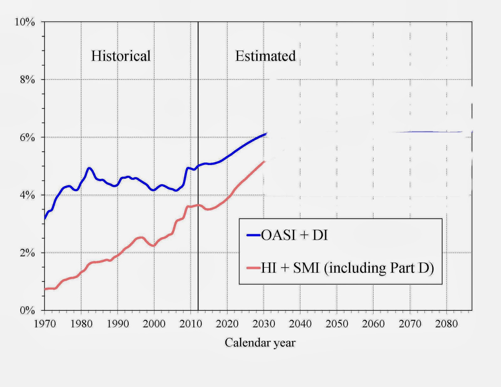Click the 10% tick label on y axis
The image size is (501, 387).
(x=25, y=22)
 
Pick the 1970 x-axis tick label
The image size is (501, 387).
(x=45, y=324)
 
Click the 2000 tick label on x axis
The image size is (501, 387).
(x=154, y=324)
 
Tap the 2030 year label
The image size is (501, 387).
(x=264, y=324)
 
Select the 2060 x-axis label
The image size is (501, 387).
(x=373, y=324)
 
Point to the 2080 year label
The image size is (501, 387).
(x=446, y=324)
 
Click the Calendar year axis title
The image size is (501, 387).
(x=260, y=343)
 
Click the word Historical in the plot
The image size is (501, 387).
(x=121, y=56)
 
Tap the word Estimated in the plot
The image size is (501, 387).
(x=265, y=56)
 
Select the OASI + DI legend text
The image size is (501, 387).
(x=294, y=235)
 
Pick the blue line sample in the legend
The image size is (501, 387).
(x=253, y=235)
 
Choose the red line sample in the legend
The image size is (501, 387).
(x=253, y=268)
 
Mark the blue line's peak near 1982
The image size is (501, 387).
(x=89, y=168)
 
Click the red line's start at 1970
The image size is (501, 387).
(x=45, y=289)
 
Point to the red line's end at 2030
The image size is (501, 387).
(x=265, y=161)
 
